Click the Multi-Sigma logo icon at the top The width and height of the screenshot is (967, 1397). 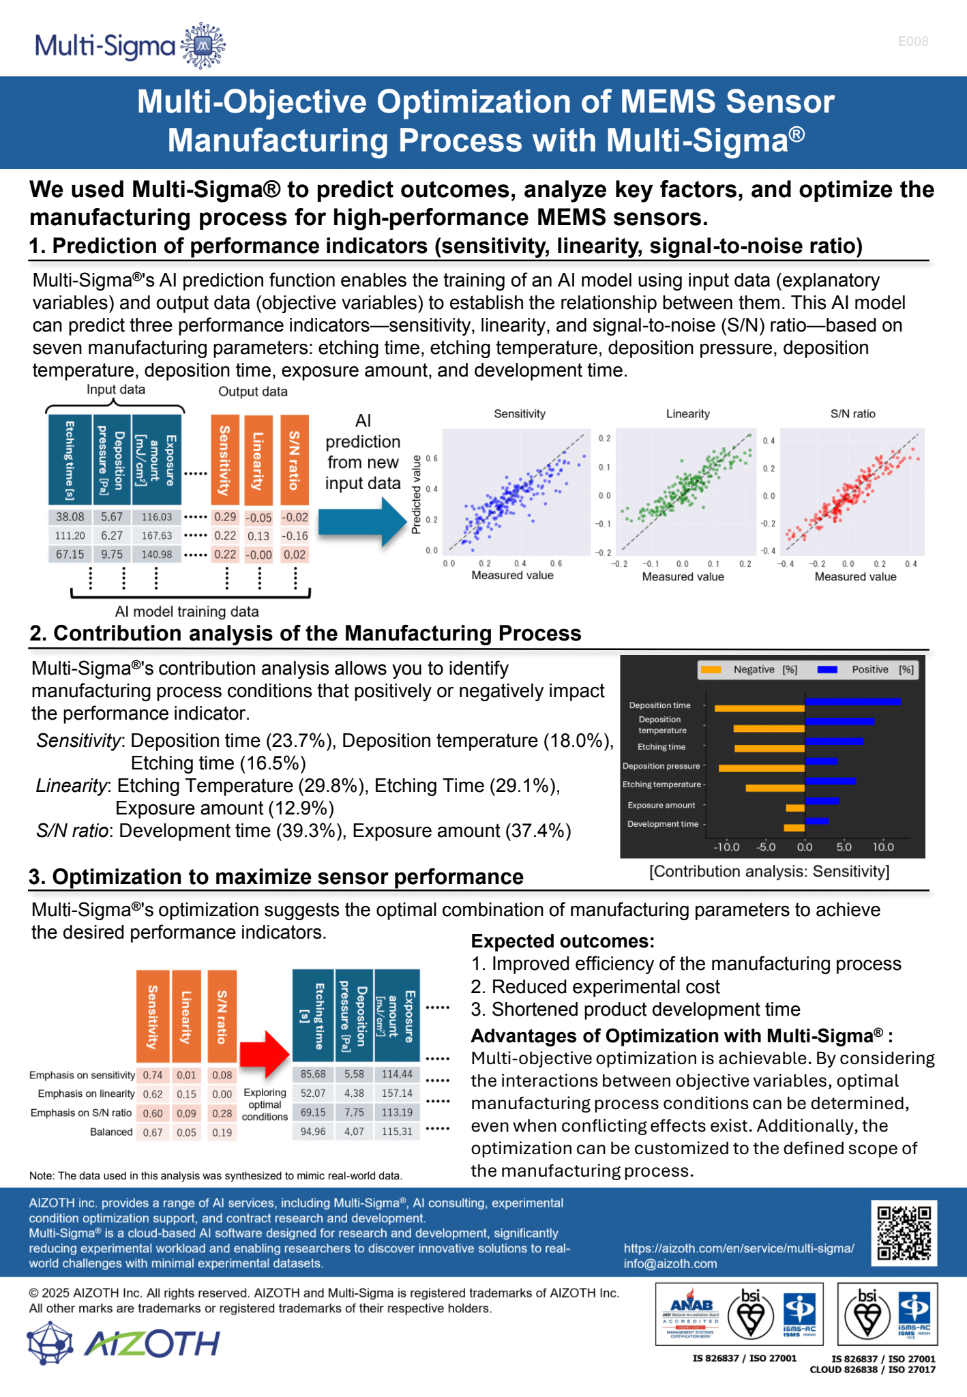(x=203, y=46)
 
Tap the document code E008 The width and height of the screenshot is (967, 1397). (x=912, y=42)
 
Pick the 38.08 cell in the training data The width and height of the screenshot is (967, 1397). (x=70, y=517)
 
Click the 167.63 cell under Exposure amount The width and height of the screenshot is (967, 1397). (x=157, y=536)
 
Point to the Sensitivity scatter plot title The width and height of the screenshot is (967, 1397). (x=520, y=414)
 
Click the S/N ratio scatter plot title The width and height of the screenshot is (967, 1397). (x=852, y=414)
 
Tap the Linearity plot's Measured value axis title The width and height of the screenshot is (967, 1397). (x=683, y=577)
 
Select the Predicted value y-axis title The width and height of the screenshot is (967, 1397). (x=415, y=495)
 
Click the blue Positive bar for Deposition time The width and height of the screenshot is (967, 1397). (x=852, y=701)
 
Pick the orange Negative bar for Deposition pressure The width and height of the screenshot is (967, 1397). (x=762, y=768)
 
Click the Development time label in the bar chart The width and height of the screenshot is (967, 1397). (x=663, y=824)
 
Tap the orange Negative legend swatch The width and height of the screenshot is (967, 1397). (x=711, y=670)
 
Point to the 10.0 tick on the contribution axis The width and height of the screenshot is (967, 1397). (x=882, y=847)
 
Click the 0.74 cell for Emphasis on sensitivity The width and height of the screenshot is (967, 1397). (x=153, y=1076)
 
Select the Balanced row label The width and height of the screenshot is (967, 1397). (x=111, y=1132)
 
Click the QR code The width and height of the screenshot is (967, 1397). (x=904, y=1233)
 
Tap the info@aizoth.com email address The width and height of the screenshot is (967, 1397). (x=670, y=1264)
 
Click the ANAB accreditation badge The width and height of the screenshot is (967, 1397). (x=690, y=1314)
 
